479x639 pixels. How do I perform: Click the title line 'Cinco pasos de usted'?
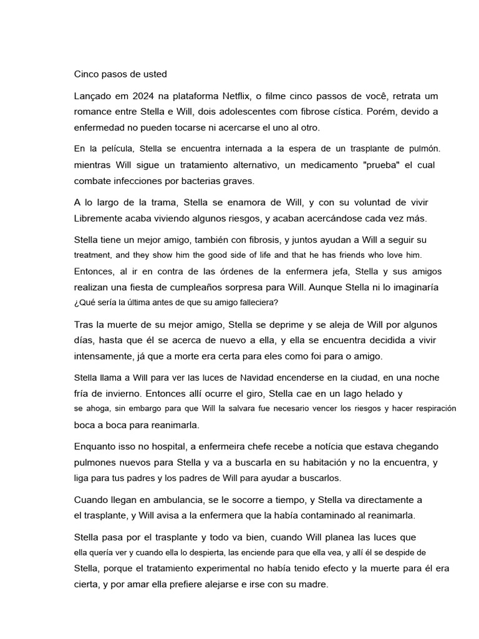[x=120, y=74]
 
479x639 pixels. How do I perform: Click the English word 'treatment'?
[x=92, y=255]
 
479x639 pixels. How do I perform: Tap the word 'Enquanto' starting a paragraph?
[x=98, y=446]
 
